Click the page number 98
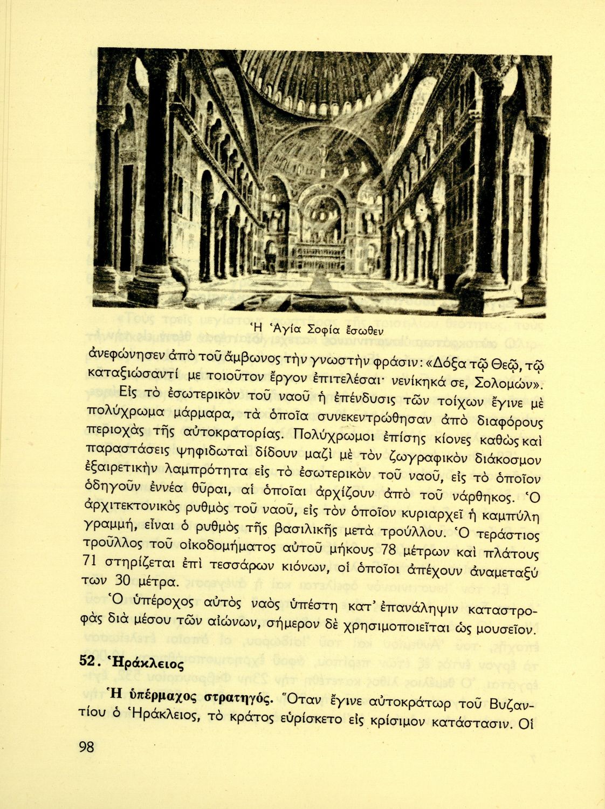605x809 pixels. click(x=86, y=747)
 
